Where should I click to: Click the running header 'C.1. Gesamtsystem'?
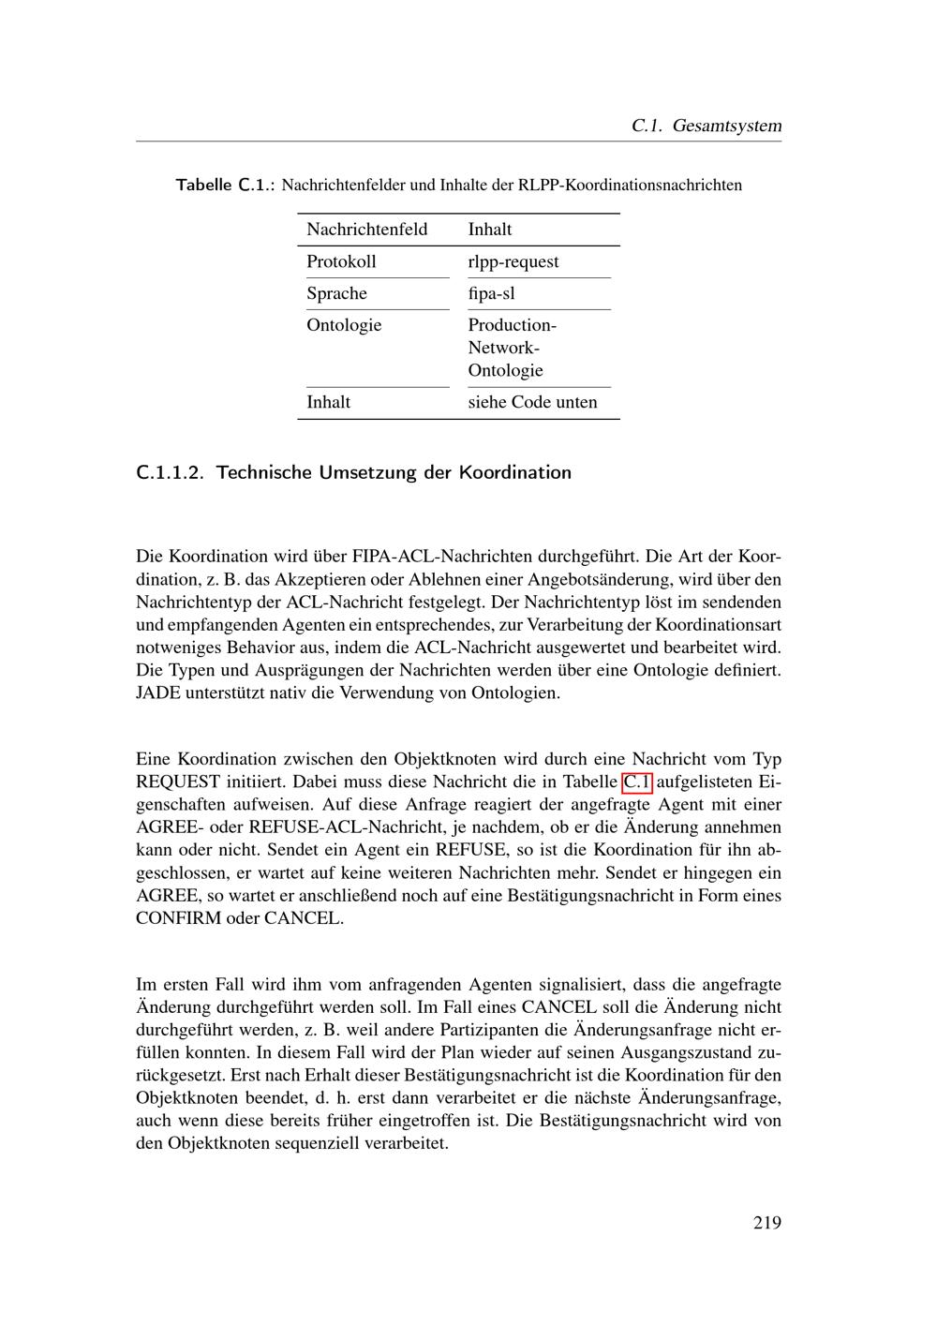(x=706, y=126)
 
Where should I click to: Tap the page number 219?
(x=766, y=1222)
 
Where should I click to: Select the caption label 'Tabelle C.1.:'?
(x=226, y=185)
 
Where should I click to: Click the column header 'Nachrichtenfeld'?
(x=366, y=230)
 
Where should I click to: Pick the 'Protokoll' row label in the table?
(x=341, y=261)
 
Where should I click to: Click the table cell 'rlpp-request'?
(x=513, y=261)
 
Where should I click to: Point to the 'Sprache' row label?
(x=336, y=293)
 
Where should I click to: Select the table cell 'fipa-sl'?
(x=491, y=293)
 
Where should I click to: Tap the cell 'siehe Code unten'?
(x=532, y=402)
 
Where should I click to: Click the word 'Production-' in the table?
(x=512, y=325)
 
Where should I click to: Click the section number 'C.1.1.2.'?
(x=170, y=472)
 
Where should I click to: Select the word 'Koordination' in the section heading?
(x=514, y=472)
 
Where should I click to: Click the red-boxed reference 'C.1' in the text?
(x=637, y=782)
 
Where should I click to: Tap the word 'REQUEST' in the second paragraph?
(x=177, y=782)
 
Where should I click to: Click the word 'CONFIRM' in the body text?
(x=178, y=917)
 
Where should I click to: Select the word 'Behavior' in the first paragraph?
(x=284, y=648)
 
